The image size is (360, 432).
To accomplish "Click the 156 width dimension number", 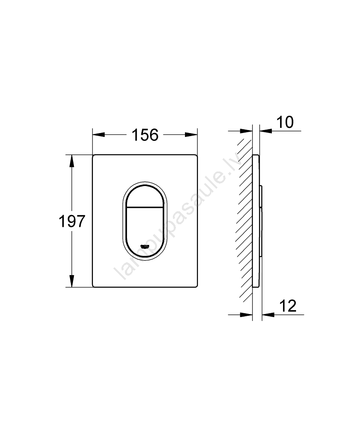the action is click(145, 135).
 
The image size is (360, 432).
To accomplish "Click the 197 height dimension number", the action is click(72, 221).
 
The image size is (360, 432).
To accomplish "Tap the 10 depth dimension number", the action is click(285, 122).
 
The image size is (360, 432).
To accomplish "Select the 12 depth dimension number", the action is click(288, 305).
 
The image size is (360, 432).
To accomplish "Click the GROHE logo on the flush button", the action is click(145, 246).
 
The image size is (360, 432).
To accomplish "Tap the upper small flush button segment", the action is click(145, 196).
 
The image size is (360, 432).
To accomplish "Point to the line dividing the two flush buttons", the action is click(145, 207).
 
